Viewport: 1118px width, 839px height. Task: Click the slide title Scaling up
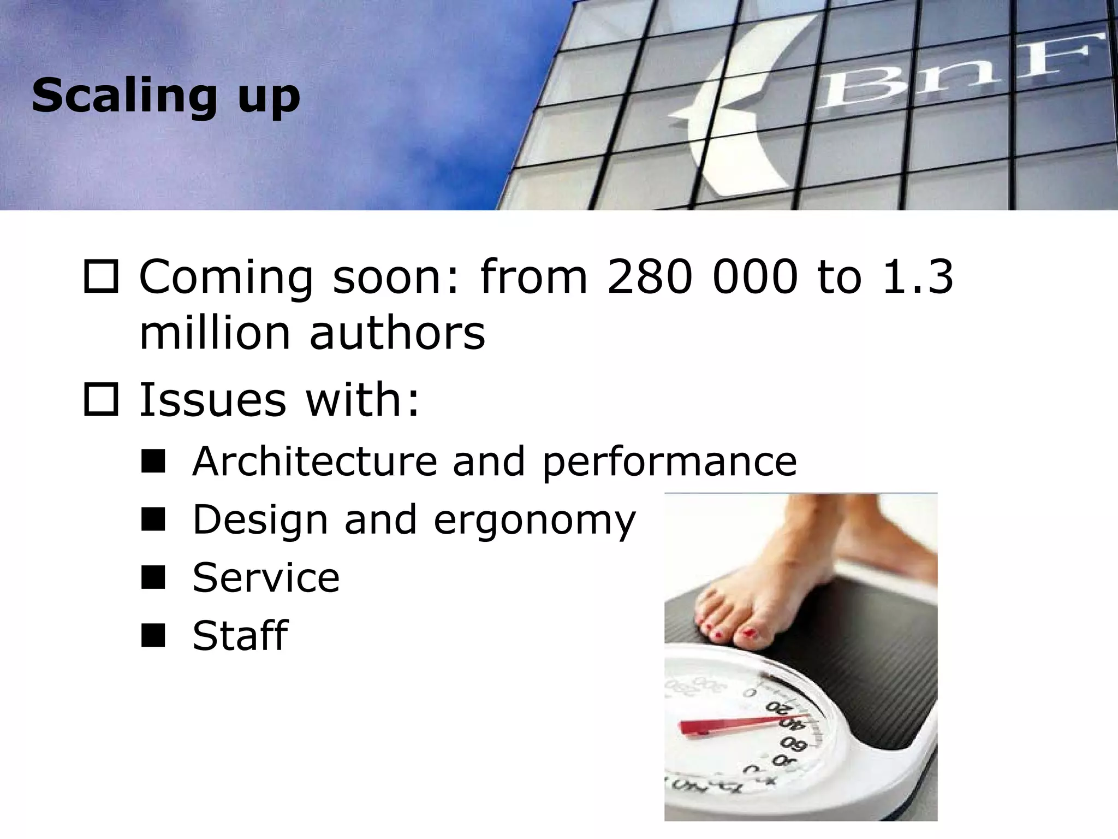tap(166, 96)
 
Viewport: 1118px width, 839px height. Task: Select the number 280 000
tap(702, 277)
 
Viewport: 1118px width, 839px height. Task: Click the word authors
tap(397, 333)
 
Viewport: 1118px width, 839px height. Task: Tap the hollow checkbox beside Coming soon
tap(101, 277)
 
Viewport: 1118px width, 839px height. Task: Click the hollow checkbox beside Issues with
tap(101, 399)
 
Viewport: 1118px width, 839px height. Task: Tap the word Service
tap(266, 578)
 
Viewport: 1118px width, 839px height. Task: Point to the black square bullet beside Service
tap(153, 577)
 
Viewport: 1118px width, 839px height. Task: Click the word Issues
tap(213, 399)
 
